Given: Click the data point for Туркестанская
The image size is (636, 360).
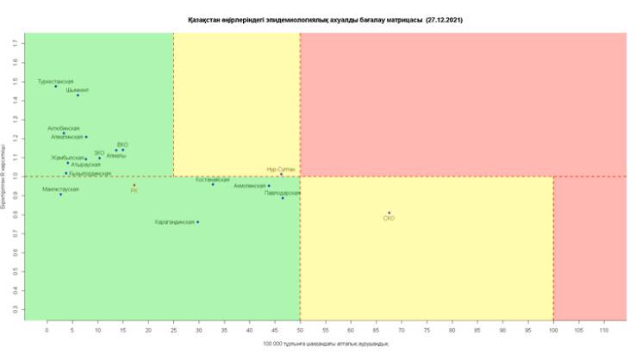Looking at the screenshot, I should pyautogui.click(x=56, y=86).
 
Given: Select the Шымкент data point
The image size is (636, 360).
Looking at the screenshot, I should pyautogui.click(x=78, y=95).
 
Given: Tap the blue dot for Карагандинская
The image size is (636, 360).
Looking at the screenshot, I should pyautogui.click(x=197, y=222).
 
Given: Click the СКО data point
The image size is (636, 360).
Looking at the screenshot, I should pyautogui.click(x=389, y=213).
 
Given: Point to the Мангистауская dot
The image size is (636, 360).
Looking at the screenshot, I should pyautogui.click(x=60, y=195).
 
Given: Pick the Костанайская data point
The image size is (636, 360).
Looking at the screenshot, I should pyautogui.click(x=213, y=184).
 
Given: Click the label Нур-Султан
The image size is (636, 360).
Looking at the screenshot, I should pyautogui.click(x=281, y=170).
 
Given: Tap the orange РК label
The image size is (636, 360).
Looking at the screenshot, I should pyautogui.click(x=134, y=190).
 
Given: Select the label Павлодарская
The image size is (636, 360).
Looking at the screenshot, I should pyautogui.click(x=282, y=193).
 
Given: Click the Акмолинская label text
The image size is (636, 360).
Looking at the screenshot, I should pyautogui.click(x=250, y=185).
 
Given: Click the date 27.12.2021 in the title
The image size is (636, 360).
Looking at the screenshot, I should pyautogui.click(x=445, y=18).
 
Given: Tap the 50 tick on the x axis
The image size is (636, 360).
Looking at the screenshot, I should pyautogui.click(x=300, y=328).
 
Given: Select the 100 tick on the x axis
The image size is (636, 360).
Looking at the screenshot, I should pyautogui.click(x=553, y=328).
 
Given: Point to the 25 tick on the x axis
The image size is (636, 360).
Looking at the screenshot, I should pyautogui.click(x=173, y=328).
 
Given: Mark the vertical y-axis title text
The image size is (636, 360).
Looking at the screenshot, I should pyautogui.click(x=6, y=177).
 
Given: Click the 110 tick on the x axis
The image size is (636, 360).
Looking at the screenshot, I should pyautogui.click(x=604, y=328).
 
